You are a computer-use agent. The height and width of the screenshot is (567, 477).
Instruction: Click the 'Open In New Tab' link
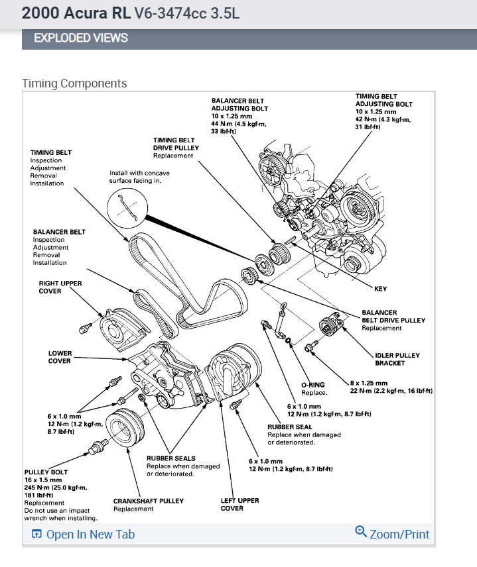tap(90, 534)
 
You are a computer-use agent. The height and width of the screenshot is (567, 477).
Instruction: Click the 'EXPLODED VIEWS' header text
tap(81, 38)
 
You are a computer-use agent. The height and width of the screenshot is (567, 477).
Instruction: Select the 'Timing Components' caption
tap(74, 83)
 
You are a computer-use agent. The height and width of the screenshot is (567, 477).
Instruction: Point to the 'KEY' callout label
tap(381, 289)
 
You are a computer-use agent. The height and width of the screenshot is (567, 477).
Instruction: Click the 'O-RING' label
tap(313, 385)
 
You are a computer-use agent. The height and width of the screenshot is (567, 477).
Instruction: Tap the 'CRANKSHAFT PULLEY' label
tap(149, 501)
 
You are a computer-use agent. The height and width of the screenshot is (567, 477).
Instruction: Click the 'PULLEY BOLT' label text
tap(43, 472)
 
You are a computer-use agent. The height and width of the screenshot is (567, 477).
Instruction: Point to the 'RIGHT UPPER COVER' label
tap(60, 287)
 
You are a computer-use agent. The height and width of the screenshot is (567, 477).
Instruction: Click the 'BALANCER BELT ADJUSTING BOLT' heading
tap(239, 105)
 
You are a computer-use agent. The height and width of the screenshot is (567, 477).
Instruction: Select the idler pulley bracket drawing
tap(330, 328)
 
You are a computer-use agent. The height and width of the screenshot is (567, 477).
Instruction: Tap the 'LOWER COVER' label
tap(60, 357)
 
